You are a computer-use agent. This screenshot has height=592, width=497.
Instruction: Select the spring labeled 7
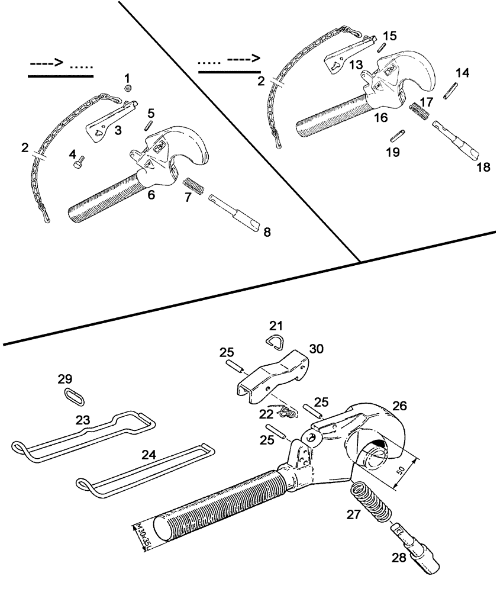(x=195, y=185)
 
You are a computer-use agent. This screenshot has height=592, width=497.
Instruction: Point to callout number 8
(x=267, y=232)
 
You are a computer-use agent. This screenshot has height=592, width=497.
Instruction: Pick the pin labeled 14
(x=453, y=92)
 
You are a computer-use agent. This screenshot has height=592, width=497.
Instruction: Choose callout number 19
(x=393, y=152)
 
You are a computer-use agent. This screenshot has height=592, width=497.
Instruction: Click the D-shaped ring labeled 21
(x=276, y=341)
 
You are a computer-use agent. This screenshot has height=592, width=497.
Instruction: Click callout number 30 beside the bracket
(x=317, y=349)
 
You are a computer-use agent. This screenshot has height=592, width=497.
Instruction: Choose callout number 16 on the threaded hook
(x=380, y=118)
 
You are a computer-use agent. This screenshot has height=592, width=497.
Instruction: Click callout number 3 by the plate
(x=118, y=130)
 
